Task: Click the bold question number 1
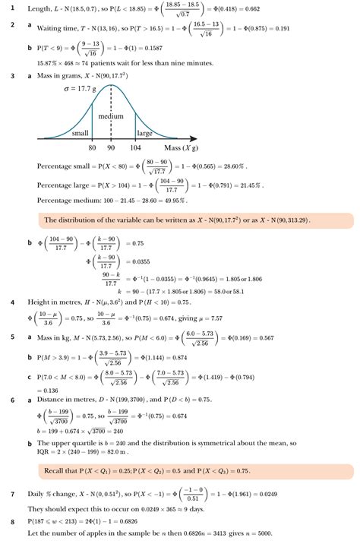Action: point(12,8)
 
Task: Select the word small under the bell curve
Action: point(81,133)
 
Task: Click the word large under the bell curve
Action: point(144,133)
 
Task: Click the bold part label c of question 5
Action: point(28,375)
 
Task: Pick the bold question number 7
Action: point(12,494)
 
